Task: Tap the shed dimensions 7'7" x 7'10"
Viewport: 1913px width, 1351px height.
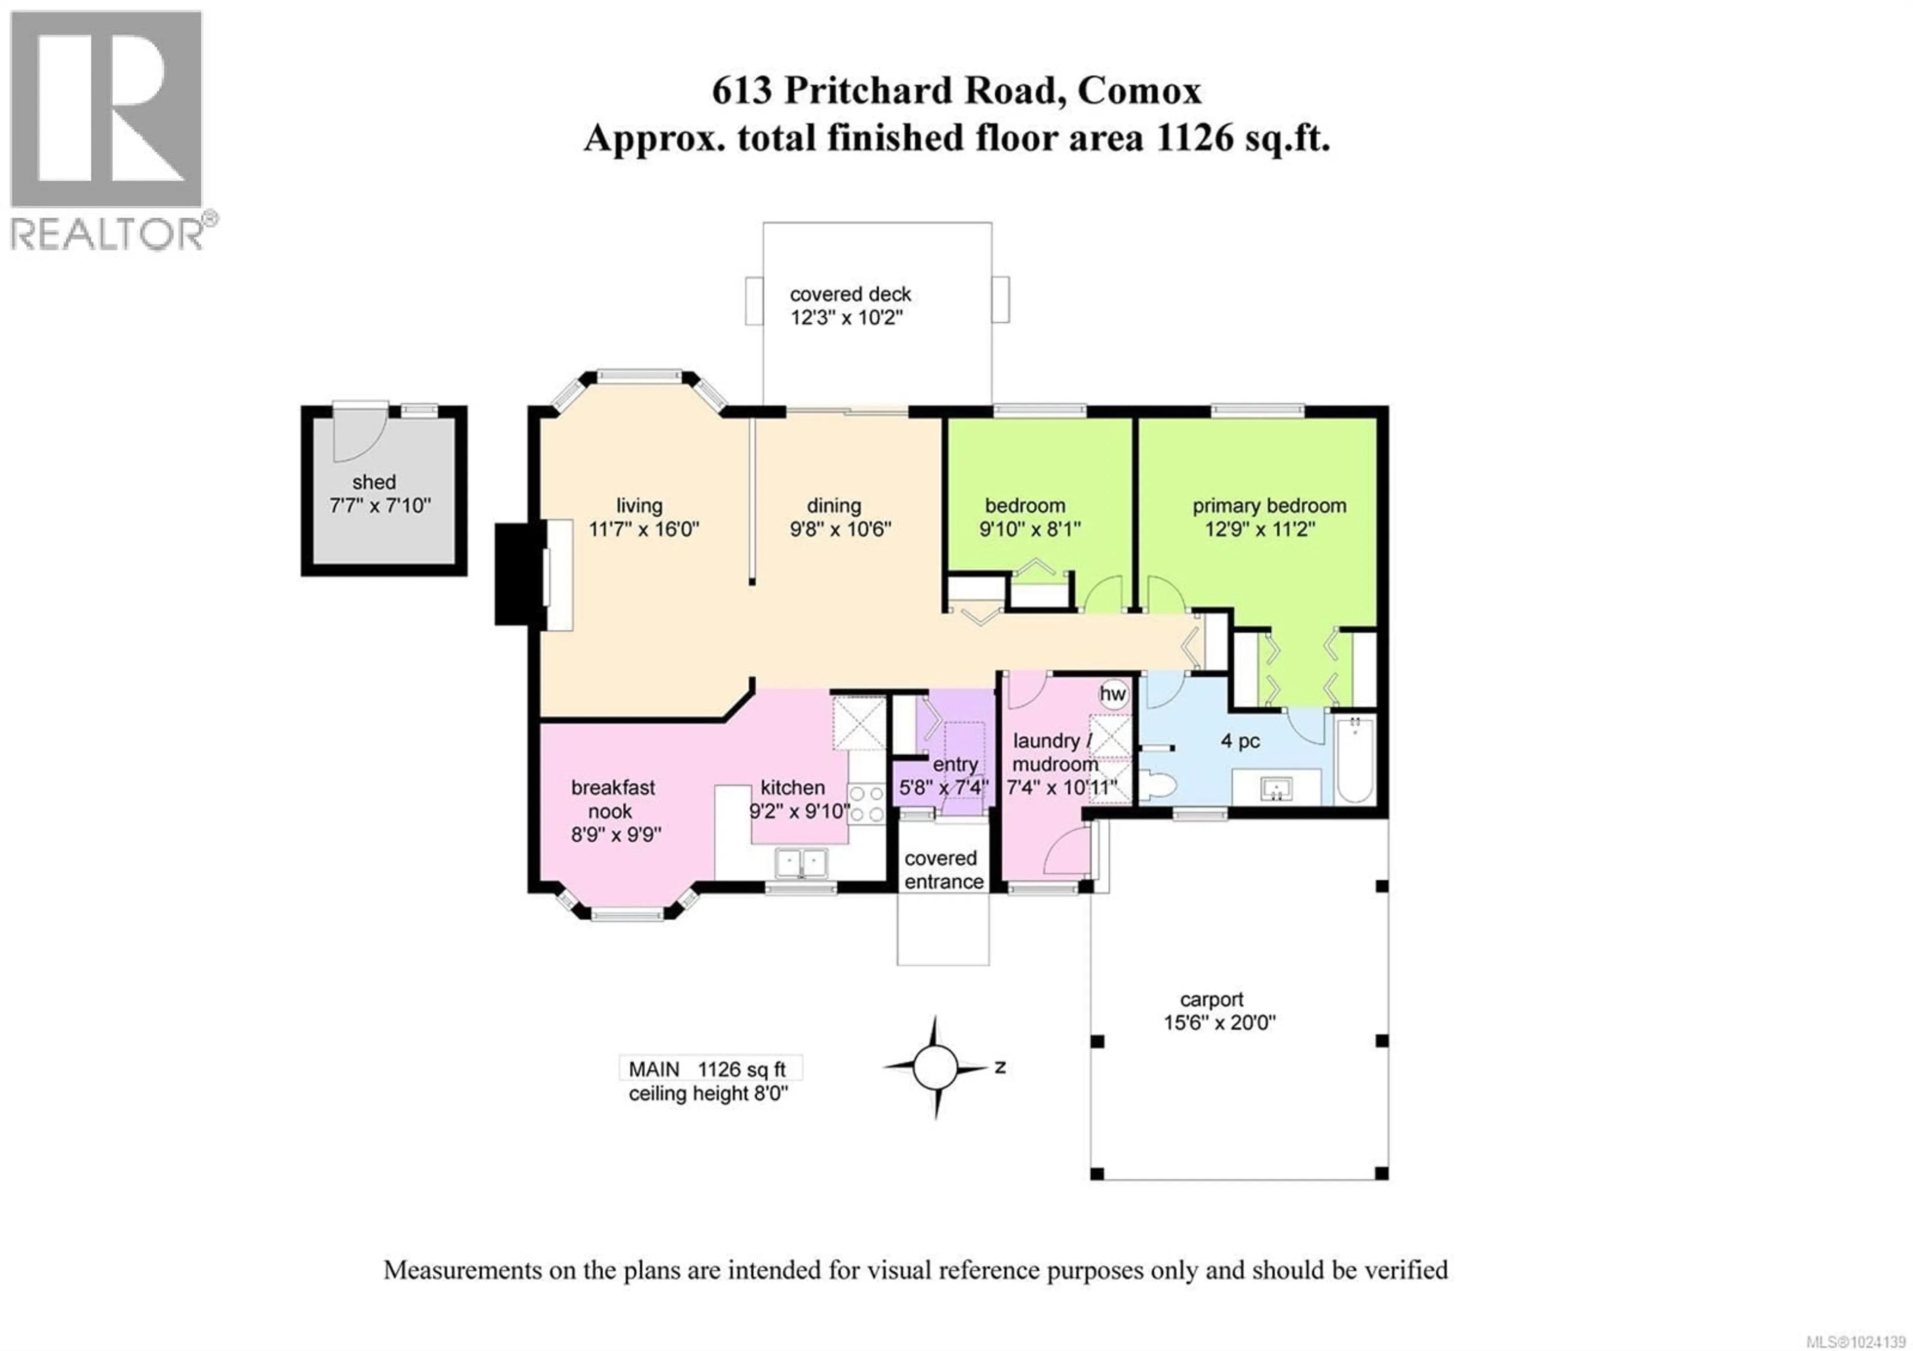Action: (380, 506)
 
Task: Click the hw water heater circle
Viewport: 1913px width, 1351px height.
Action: (1112, 694)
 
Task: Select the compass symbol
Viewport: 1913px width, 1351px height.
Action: (936, 1067)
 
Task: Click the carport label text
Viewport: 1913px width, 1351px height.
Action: (1212, 999)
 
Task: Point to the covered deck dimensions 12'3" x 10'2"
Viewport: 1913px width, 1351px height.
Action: (846, 317)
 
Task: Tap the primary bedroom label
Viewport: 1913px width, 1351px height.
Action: (1269, 506)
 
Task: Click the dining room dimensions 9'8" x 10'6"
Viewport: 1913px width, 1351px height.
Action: (840, 529)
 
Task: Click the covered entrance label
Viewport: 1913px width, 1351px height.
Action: (943, 870)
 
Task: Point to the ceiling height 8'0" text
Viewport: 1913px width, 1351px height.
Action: (707, 1093)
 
